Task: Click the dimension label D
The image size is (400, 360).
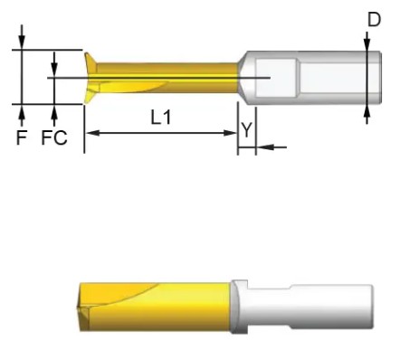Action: [x=374, y=20]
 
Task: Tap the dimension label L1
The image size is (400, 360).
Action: [x=161, y=118]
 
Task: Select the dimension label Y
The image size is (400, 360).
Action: [x=247, y=130]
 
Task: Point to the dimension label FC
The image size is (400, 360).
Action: [x=54, y=137]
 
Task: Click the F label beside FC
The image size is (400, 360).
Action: [x=22, y=137]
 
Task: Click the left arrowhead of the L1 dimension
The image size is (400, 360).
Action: [x=91, y=133]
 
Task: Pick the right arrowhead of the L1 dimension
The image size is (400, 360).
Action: [x=229, y=133]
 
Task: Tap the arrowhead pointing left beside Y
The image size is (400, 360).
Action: [x=265, y=147]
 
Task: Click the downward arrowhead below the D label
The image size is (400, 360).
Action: [x=367, y=44]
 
